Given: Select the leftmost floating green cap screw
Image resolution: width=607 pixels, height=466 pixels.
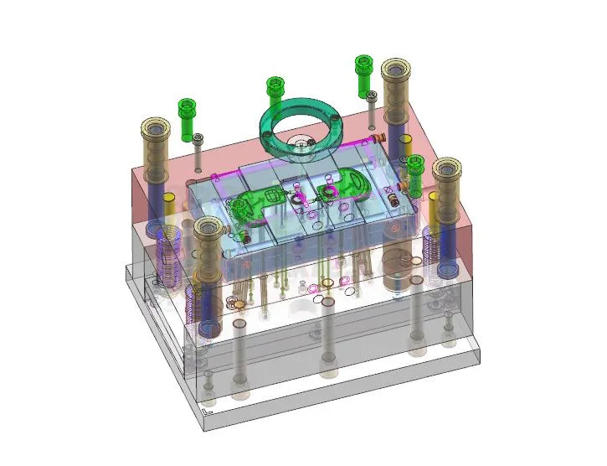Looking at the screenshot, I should [186, 118].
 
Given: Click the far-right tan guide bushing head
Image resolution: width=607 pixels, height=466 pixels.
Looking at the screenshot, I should [449, 170].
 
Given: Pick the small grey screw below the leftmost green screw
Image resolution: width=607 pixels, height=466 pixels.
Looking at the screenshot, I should [198, 148].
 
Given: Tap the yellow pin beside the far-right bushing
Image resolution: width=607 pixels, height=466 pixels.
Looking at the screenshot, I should [434, 205].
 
